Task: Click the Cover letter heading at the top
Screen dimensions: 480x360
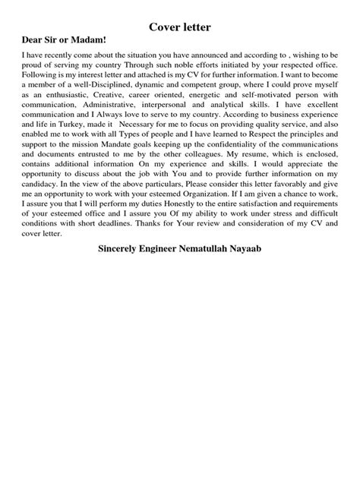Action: click(179, 28)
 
